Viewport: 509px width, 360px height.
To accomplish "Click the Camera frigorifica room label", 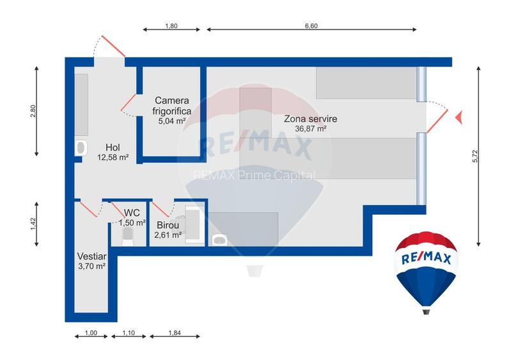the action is pos(172,106).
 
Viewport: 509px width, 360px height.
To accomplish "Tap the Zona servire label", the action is pos(310,119).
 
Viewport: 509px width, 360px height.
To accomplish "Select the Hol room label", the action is pos(113,147).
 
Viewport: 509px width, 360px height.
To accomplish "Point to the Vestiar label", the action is pos(92,256).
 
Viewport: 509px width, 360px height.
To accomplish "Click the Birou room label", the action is pos(168,225).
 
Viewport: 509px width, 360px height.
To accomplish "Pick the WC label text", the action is pos(132,213).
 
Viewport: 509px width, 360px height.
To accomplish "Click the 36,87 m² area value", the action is pos(311,129).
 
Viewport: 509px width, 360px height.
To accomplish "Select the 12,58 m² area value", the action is pos(113,158).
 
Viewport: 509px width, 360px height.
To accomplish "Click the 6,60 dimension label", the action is pos(311,26).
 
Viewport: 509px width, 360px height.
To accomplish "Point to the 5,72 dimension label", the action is pos(475,156).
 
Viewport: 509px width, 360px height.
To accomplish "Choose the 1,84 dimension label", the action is pos(175,333).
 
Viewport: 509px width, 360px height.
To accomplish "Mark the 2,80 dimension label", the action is pos(33,111).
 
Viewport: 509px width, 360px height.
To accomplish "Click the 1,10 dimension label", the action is pos(129,333).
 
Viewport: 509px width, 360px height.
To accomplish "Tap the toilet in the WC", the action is pos(128,237).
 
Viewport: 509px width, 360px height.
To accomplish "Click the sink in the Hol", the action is pos(81,148).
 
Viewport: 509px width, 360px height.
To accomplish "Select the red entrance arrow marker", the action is pos(459,117).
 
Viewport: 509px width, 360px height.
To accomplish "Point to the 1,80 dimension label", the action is pos(171,26).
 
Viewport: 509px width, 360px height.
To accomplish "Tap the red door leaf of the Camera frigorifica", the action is pos(129,102).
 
